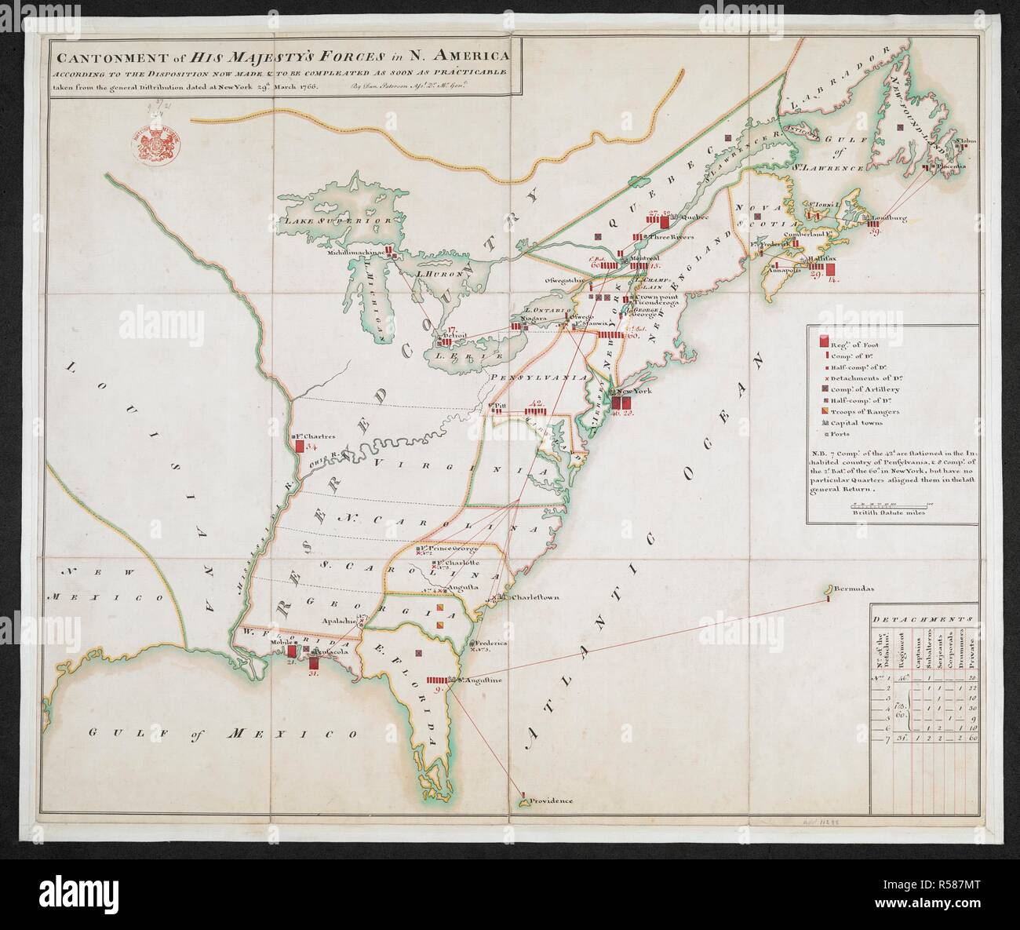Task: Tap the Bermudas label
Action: pyautogui.click(x=855, y=589)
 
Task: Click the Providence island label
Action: pyautogui.click(x=549, y=801)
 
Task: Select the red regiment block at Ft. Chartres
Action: pyautogui.click(x=299, y=446)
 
